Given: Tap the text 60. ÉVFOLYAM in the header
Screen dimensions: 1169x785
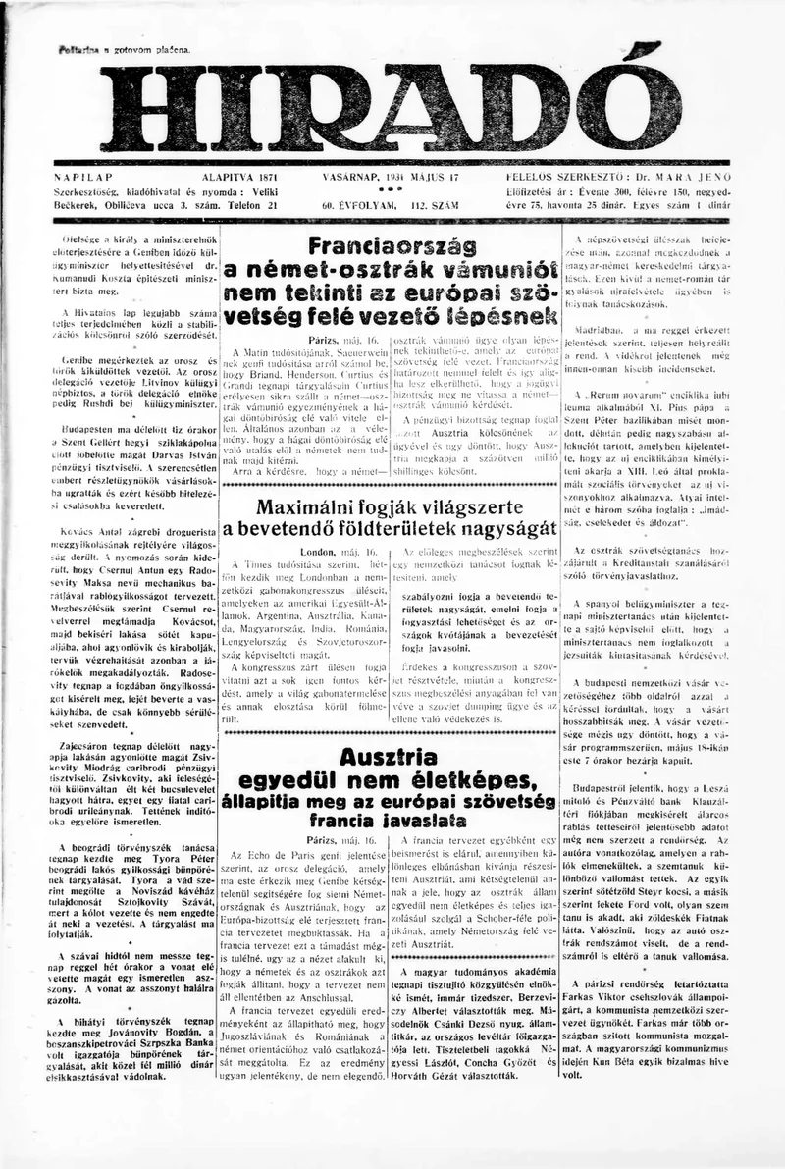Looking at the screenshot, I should pyautogui.click(x=352, y=206).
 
